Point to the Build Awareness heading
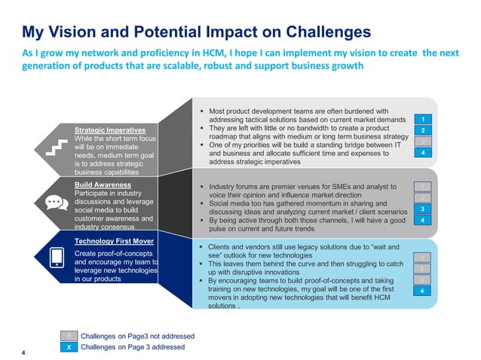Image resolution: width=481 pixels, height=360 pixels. coord(103,185)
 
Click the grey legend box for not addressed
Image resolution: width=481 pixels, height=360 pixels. coord(69,336)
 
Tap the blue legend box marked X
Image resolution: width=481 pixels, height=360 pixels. coord(69,347)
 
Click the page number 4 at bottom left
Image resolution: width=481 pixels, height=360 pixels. coord(24,352)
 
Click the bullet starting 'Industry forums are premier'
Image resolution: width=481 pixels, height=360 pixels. coord(302,185)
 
